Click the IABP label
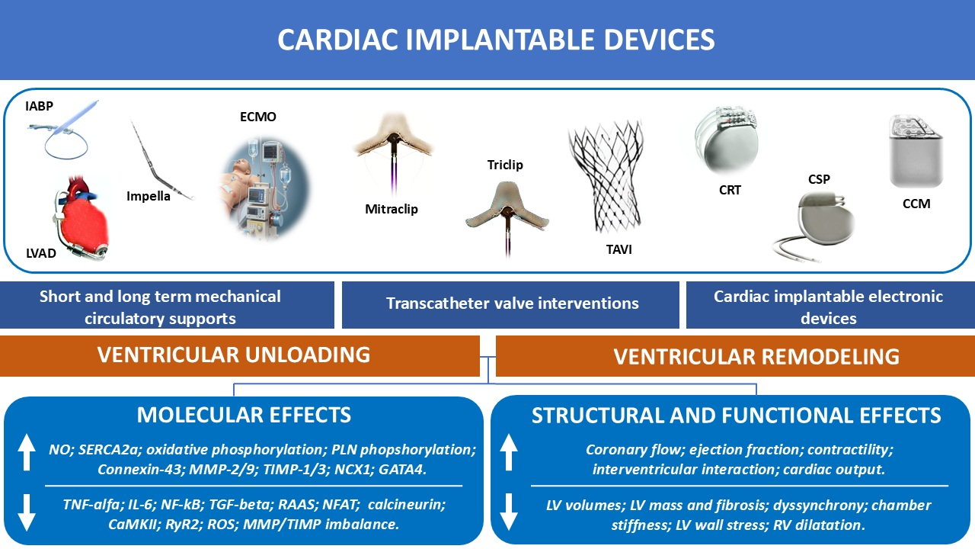click(x=39, y=106)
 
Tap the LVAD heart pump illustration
click(x=83, y=217)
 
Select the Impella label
click(x=148, y=196)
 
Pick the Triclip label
click(x=505, y=165)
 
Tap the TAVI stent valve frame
click(x=606, y=175)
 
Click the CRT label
click(x=730, y=190)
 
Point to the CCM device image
click(x=916, y=151)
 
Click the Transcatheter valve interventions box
click(x=510, y=304)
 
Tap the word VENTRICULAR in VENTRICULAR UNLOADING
click(x=168, y=355)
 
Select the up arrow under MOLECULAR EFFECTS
click(x=27, y=452)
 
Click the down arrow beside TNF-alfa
click(x=27, y=512)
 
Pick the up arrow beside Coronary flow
click(x=508, y=452)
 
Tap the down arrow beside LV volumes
click(x=508, y=512)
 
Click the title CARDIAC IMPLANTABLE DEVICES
click(x=496, y=40)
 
